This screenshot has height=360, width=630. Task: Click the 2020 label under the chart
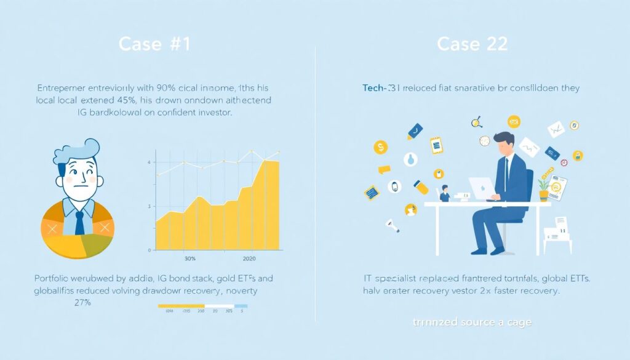coord(249,259)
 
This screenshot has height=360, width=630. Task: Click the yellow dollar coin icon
coord(381,147)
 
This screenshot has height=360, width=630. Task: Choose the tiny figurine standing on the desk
coord(445,193)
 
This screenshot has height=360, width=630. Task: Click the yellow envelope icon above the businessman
coord(514,121)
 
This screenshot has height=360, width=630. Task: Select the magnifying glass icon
coord(476,122)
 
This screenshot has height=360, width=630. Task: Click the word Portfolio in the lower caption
coord(53,278)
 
